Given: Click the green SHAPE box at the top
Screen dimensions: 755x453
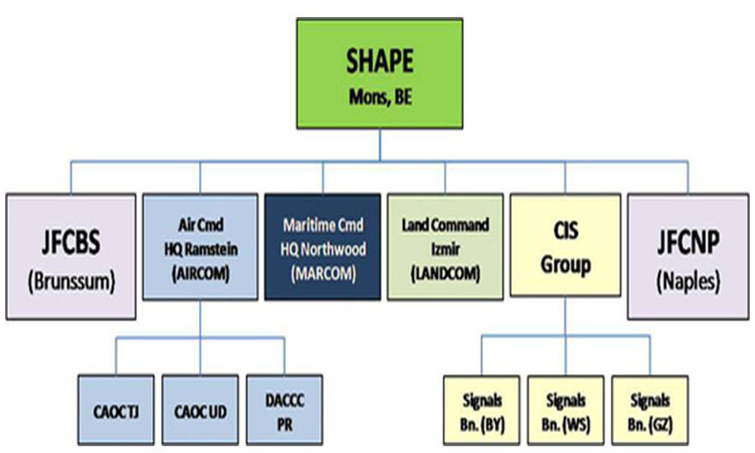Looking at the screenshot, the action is coord(379,74).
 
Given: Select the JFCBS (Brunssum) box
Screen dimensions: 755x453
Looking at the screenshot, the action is coord(70,256).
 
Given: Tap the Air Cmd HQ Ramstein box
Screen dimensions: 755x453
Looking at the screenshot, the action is coord(200,247).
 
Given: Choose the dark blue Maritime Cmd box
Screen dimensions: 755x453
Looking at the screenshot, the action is coord(322,247).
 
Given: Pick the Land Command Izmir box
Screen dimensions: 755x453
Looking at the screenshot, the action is coord(445,247).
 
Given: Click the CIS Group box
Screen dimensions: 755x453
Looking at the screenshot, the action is coord(565,245).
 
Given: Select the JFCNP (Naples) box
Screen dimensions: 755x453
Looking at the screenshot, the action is coord(688,256).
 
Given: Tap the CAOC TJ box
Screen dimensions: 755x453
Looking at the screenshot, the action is coord(116,410).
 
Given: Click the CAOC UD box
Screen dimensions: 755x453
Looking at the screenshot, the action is coord(200,410).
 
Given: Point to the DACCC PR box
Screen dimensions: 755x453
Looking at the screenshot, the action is coord(284,410).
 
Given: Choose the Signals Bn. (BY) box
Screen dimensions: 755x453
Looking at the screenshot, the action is coord(482,410).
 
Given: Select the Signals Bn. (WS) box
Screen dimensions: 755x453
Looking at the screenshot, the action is coord(566,410).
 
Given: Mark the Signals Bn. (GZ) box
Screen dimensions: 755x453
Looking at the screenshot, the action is coord(650,410).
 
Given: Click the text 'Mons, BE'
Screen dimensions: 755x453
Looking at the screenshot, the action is coord(380,98).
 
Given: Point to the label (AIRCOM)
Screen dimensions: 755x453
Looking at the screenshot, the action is coord(200,273).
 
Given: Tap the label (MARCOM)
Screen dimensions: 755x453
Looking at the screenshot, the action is coord(323,273).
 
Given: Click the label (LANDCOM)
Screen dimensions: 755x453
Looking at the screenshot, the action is coord(445,273).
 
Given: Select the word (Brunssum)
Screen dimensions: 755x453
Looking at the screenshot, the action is coord(71,282).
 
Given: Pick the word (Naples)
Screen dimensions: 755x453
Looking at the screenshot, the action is coord(688,282).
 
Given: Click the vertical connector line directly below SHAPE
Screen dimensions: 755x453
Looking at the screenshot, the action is coord(380,145).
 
